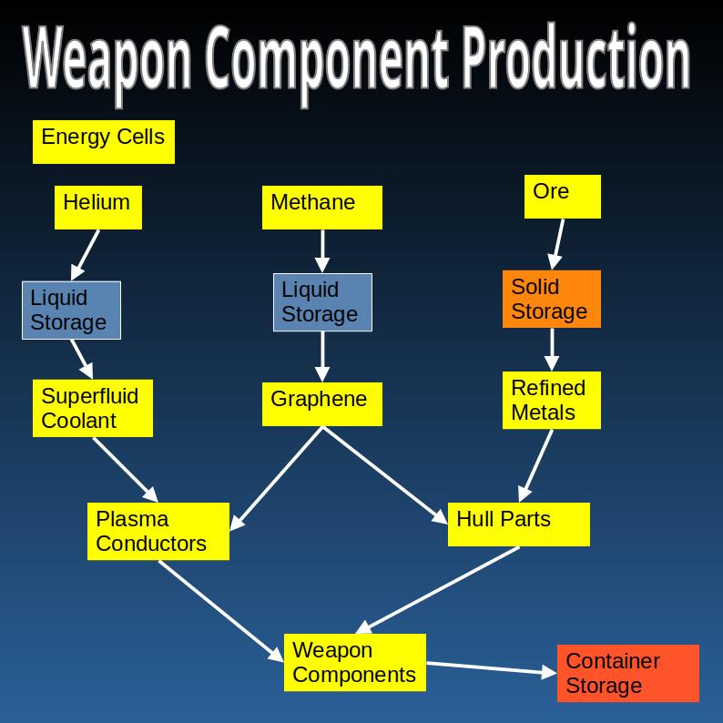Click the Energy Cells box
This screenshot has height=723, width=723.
103,141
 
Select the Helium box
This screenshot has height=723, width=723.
97,207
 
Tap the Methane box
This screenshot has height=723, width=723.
322,207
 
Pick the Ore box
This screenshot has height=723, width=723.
562,196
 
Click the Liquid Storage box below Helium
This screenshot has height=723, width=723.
71,310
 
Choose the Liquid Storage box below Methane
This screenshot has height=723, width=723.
322,301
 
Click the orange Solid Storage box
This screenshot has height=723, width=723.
551,299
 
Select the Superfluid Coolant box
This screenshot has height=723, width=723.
92,408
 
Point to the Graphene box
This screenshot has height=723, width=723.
321,403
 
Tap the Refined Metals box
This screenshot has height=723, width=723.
551,400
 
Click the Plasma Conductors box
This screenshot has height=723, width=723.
158,531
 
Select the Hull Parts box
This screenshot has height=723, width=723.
518,524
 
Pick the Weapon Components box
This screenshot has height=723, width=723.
354,662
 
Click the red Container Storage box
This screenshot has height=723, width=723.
627,673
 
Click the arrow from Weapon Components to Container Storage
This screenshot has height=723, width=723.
491,668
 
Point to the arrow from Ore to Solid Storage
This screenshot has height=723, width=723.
556,243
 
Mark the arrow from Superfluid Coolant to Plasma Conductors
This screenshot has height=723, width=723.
125,469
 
